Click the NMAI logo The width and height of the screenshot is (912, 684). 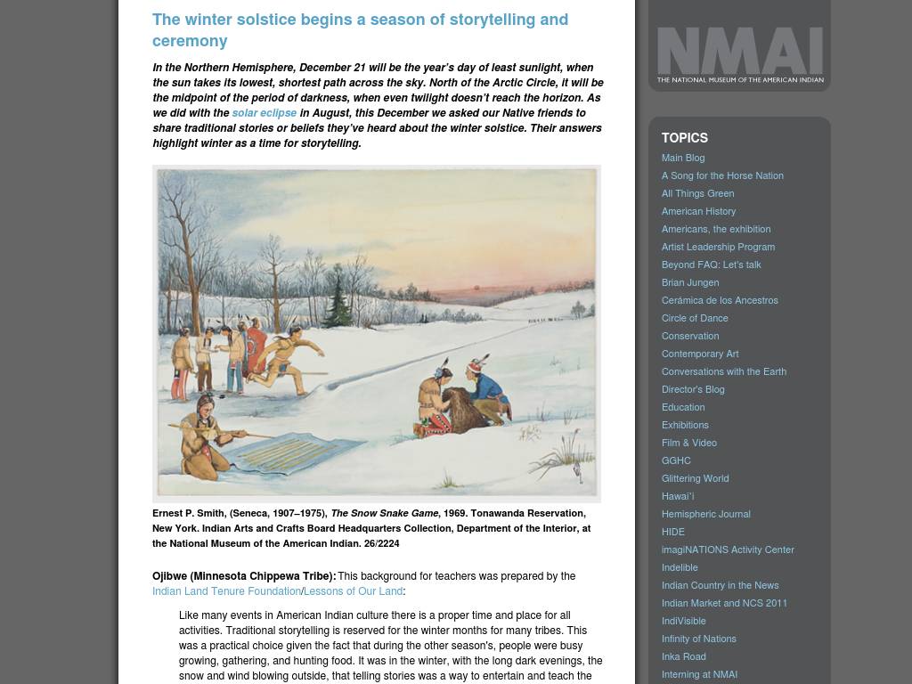click(739, 54)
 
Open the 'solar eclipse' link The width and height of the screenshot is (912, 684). click(264, 113)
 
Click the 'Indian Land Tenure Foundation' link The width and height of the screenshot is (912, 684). click(226, 591)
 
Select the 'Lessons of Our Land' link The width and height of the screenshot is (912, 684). click(353, 591)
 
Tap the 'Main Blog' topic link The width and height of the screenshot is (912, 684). click(683, 158)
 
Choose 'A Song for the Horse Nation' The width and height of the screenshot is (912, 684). click(722, 175)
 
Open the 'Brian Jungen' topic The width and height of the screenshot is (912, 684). click(690, 282)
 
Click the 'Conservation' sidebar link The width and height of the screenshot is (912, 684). click(690, 336)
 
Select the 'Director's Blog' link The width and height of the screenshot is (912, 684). click(693, 389)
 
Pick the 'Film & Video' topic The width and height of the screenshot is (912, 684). click(689, 443)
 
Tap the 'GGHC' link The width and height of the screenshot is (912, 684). click(676, 460)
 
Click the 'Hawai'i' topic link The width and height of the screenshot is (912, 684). click(678, 496)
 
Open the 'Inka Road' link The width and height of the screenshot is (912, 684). click(684, 656)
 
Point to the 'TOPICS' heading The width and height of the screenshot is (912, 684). click(685, 138)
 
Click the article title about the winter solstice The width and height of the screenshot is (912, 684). click(360, 29)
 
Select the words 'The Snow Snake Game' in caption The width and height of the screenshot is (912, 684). click(385, 513)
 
